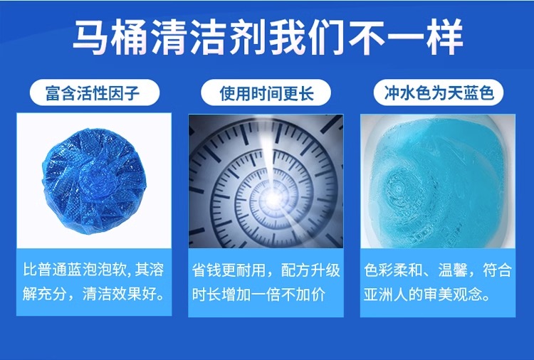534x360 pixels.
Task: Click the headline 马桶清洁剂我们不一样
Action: click(x=268, y=38)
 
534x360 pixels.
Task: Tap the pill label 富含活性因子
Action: click(x=94, y=92)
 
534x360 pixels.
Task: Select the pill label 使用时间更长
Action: click(x=266, y=92)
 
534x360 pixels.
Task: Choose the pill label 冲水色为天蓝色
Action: click(x=439, y=92)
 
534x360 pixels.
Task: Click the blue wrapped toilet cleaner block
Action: click(x=94, y=180)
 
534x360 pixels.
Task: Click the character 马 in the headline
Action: click(x=92, y=38)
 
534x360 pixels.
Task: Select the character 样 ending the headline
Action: click(x=444, y=38)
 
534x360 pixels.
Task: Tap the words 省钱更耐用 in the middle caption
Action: click(x=229, y=270)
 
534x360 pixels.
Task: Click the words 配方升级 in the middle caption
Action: click(x=310, y=270)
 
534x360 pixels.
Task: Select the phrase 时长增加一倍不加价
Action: click(x=259, y=295)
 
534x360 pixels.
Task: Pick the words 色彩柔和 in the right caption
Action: click(x=393, y=270)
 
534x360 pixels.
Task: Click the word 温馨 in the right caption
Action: click(x=453, y=270)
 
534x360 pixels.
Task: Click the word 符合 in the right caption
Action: click(x=497, y=270)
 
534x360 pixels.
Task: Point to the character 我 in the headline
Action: click(x=287, y=38)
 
